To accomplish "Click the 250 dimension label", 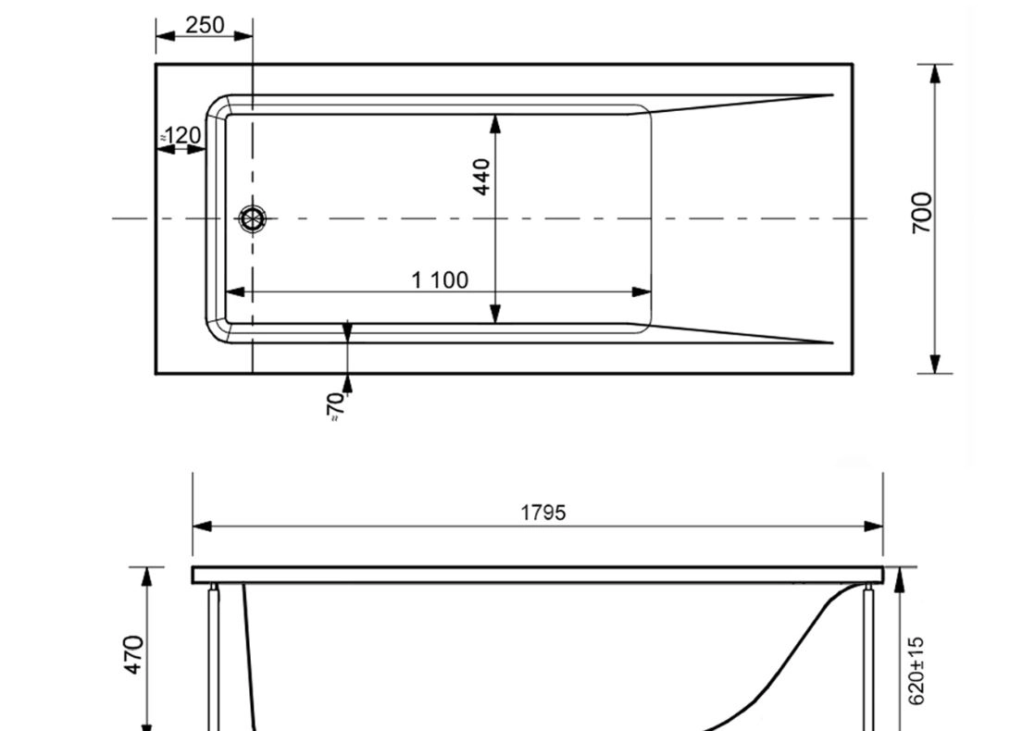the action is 205,25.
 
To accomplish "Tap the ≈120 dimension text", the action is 181,135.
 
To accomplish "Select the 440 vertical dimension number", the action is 481,177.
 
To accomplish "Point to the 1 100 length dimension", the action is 440,280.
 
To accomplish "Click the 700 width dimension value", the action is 922,213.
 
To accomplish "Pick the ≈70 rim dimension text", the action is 336,406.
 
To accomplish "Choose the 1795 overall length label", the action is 543,513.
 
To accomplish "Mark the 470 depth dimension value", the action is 134,655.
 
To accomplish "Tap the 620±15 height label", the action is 916,671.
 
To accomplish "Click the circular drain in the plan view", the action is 253,218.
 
